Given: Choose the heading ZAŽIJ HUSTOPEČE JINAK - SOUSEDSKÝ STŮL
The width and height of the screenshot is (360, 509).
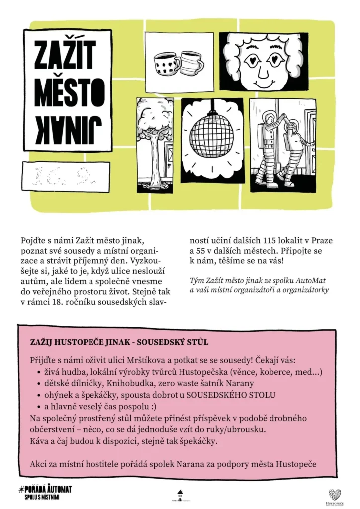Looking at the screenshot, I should tap(119, 343).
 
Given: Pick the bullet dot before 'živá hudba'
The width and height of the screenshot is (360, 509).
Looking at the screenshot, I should tap(40, 372).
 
